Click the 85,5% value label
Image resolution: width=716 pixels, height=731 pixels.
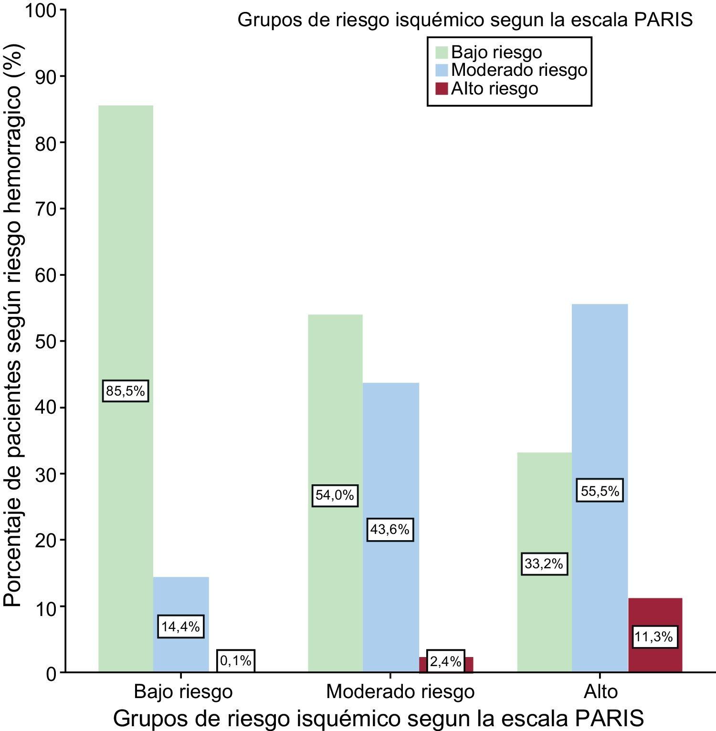(125, 391)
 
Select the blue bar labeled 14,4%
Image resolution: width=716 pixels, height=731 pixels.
(181, 596)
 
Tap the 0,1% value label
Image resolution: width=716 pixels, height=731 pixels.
(236, 661)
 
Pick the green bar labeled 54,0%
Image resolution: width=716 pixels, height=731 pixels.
(335, 429)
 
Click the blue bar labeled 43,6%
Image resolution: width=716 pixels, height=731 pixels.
(390, 458)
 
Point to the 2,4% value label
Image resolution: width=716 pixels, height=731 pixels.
(445, 661)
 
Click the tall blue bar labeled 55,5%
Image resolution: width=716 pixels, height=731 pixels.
(600, 406)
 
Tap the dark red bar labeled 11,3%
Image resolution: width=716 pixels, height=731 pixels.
(655, 616)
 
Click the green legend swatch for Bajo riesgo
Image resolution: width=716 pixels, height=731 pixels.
(442, 52)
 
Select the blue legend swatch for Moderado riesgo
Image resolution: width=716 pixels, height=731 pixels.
(442, 70)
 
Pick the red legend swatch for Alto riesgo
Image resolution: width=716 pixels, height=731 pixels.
(442, 88)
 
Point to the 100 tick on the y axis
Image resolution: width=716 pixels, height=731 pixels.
(42, 10)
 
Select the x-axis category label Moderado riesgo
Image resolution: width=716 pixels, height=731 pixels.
(400, 691)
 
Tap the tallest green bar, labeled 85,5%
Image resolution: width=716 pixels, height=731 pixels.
(126, 239)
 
